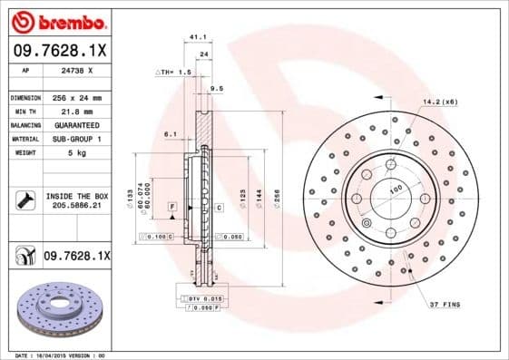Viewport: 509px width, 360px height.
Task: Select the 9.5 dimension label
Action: pyautogui.click(x=216, y=89)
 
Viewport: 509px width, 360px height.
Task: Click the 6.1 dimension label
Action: pyautogui.click(x=170, y=133)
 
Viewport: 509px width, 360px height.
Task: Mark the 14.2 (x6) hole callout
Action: pyautogui.click(x=439, y=101)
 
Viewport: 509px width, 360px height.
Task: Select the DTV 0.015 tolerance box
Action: pyautogui.click(x=205, y=297)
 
